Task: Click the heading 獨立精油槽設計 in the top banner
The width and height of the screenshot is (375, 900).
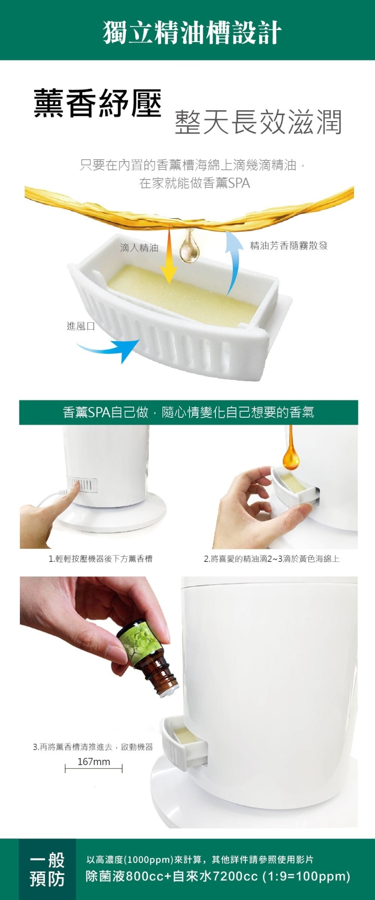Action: [x=192, y=33]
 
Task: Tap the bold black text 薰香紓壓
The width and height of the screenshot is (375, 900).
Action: [x=97, y=104]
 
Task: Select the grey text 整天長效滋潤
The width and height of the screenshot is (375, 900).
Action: [x=258, y=122]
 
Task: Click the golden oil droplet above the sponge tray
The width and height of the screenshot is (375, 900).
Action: [x=189, y=246]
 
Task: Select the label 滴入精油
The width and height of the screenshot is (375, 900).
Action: [x=139, y=248]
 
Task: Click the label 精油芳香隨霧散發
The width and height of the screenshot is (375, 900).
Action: [x=288, y=245]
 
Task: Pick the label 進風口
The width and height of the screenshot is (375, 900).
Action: [x=81, y=326]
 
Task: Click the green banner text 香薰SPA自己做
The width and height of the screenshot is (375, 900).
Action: [x=106, y=412]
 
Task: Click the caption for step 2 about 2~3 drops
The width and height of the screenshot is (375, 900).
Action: [x=271, y=559]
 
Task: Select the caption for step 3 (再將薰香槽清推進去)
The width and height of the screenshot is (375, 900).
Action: [x=93, y=747]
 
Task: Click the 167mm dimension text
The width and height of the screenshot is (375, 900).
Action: [x=94, y=762]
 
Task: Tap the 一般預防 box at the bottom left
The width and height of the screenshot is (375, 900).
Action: [x=47, y=869]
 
